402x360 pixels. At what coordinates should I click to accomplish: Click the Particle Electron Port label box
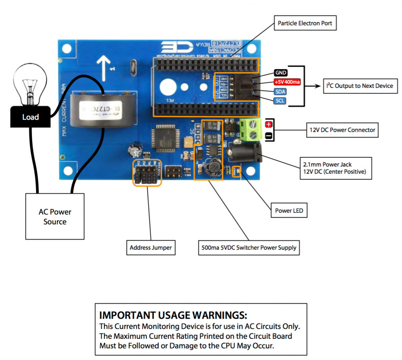pyautogui.click(x=305, y=23)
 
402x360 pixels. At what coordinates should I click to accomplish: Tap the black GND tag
pyautogui.click(x=281, y=73)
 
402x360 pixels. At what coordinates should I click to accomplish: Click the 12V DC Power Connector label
pyautogui.click(x=342, y=130)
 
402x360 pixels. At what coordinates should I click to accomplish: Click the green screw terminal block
pyautogui.click(x=251, y=130)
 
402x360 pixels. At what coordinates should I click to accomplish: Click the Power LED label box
pyautogui.click(x=289, y=210)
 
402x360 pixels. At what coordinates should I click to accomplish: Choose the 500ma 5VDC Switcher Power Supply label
pyautogui.click(x=247, y=248)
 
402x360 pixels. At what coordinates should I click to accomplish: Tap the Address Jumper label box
pyautogui.click(x=151, y=248)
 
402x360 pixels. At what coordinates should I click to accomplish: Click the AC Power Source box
pyautogui.click(x=55, y=216)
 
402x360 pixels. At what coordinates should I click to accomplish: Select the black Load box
pyautogui.click(x=30, y=117)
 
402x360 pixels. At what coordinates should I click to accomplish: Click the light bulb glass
pyautogui.click(x=29, y=80)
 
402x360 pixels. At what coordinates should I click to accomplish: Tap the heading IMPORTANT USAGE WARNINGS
pyautogui.click(x=173, y=315)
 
